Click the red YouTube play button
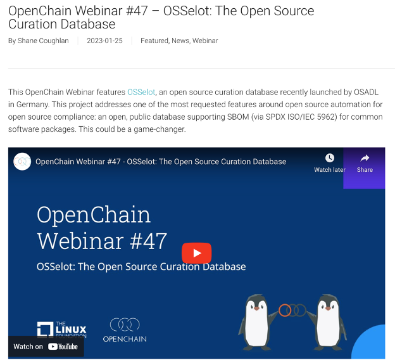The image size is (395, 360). click(196, 253)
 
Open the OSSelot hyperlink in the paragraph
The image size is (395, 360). click(141, 92)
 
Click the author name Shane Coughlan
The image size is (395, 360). click(43, 41)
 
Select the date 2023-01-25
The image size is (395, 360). click(105, 41)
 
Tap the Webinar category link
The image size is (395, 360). click(205, 41)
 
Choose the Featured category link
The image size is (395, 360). click(154, 41)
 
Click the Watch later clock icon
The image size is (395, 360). click(330, 158)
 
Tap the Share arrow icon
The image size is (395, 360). click(365, 158)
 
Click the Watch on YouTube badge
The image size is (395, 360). click(46, 347)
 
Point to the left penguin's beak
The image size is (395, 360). click(256, 309)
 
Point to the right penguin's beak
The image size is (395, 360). click(328, 309)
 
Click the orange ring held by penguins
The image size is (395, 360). click(285, 311)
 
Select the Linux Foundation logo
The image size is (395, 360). click(62, 330)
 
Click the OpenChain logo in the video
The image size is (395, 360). click(125, 330)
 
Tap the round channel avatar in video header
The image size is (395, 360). click(22, 162)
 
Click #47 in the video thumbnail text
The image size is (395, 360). click(148, 241)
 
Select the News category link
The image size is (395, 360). click(180, 41)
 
